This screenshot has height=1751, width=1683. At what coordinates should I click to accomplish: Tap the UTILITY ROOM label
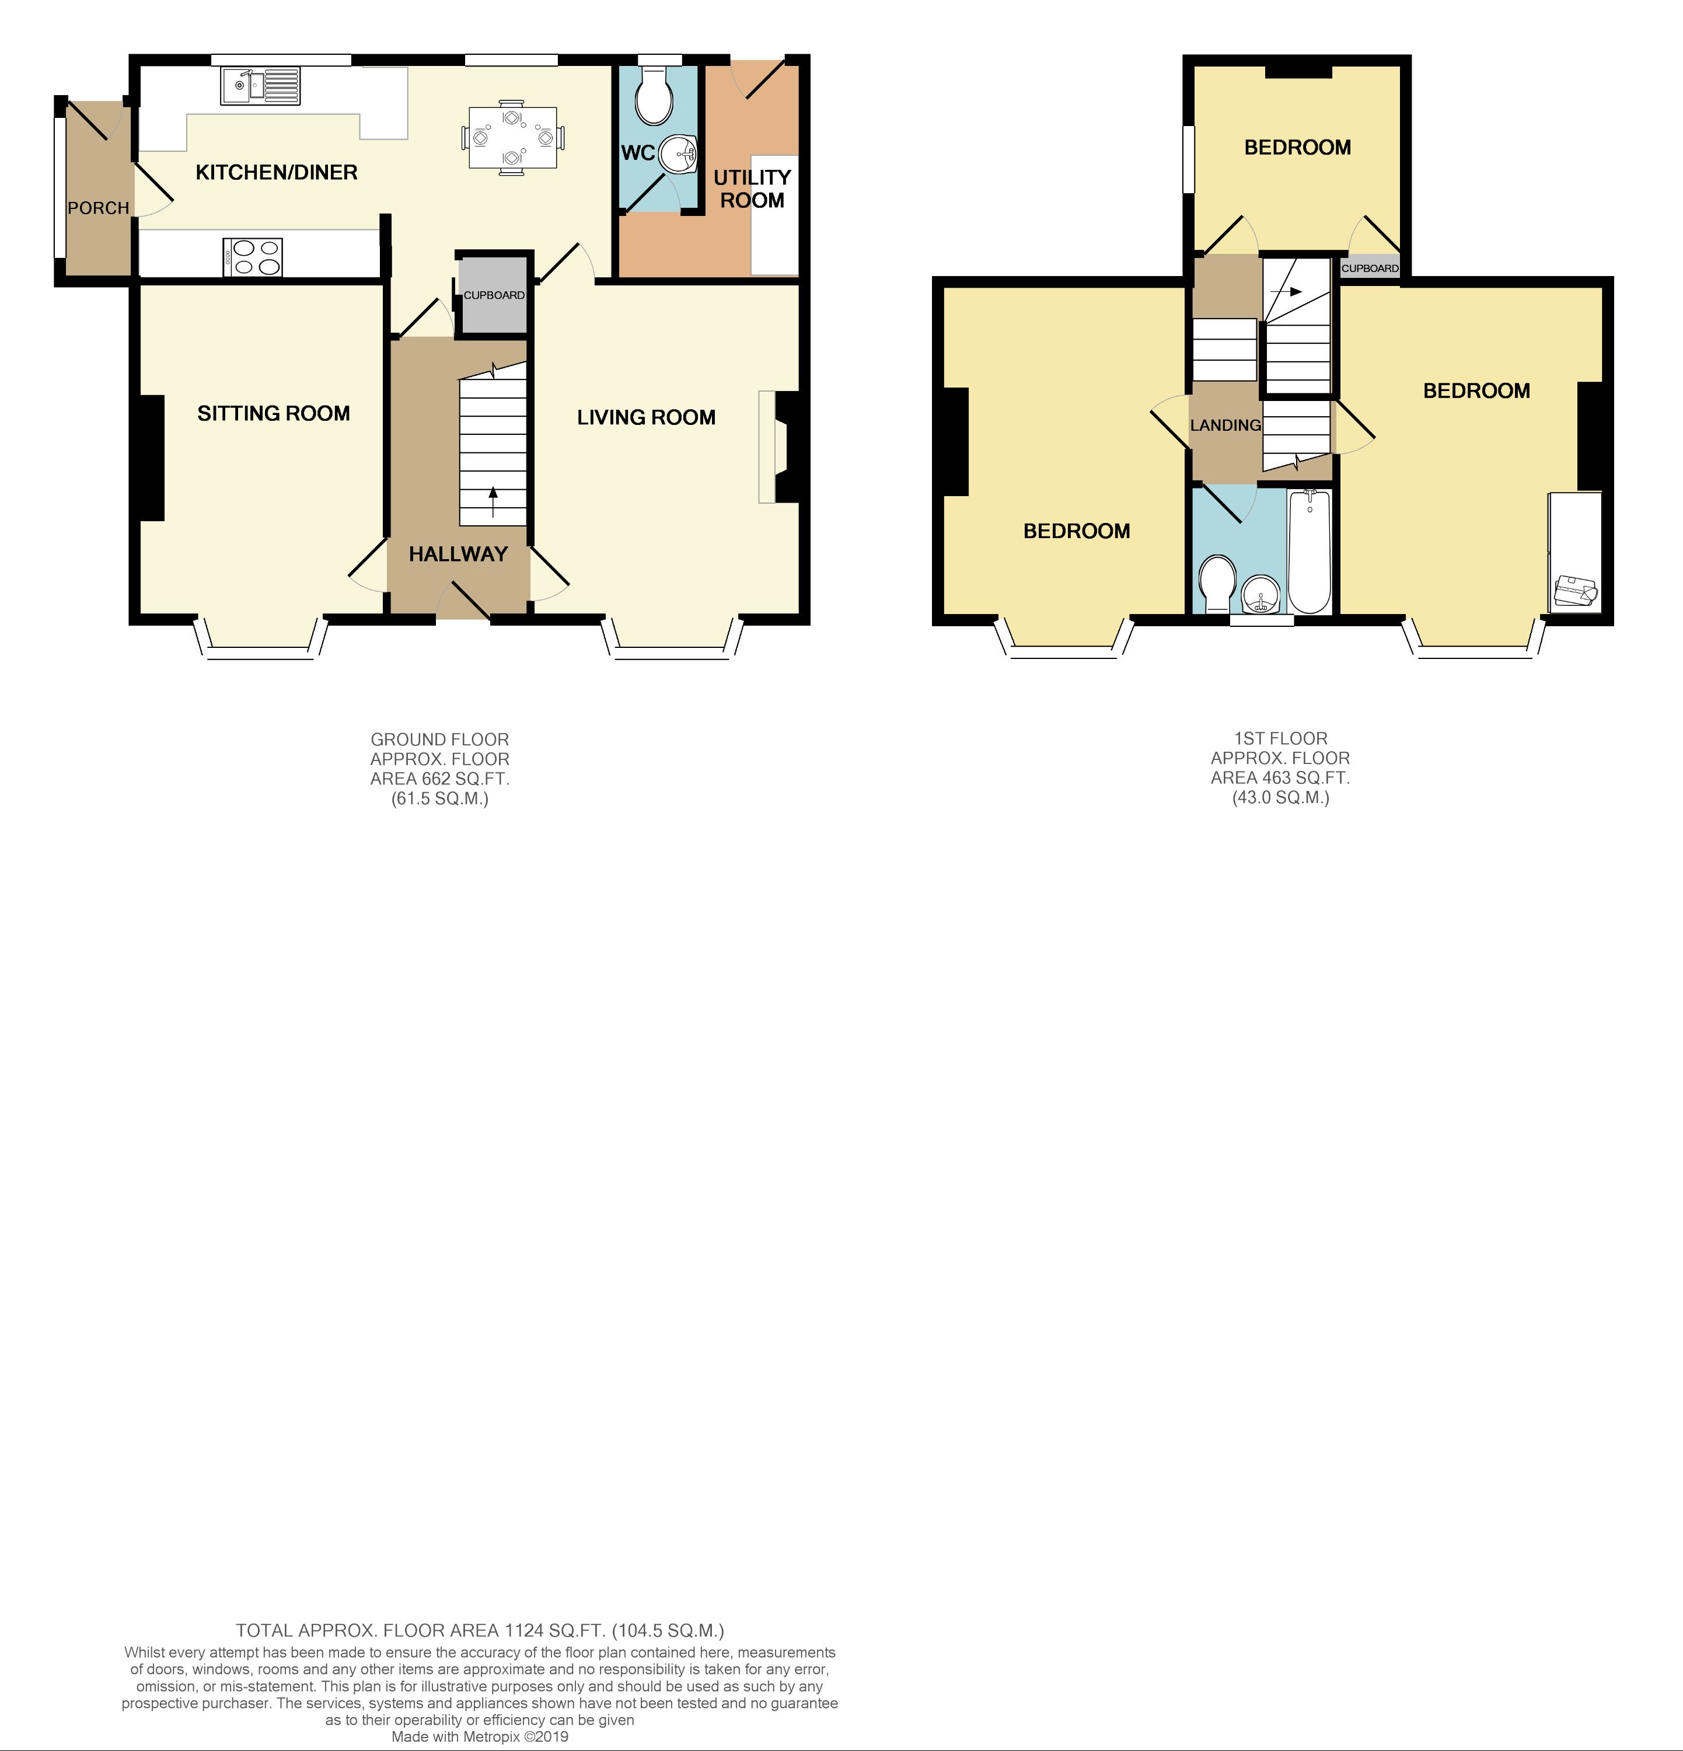pyautogui.click(x=752, y=189)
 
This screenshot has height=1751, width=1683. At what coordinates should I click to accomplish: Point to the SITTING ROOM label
pyautogui.click(x=273, y=413)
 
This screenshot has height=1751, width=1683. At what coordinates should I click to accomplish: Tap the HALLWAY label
pyautogui.click(x=458, y=554)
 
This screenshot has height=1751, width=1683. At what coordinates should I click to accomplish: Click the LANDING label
pyautogui.click(x=1225, y=425)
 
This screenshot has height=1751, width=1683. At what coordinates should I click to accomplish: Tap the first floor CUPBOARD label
pyautogui.click(x=1370, y=268)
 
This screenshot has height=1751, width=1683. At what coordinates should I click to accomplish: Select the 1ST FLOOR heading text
pyautogui.click(x=1280, y=738)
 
